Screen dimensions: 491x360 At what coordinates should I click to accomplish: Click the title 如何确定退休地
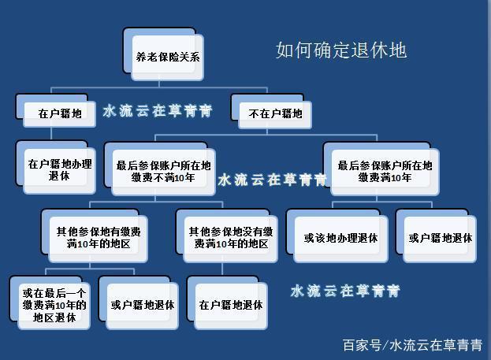click(x=341, y=50)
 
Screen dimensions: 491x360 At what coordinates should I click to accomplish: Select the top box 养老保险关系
click(x=163, y=54)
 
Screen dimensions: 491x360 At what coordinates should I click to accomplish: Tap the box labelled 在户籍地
click(x=56, y=110)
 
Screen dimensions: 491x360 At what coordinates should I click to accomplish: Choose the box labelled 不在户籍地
click(x=271, y=111)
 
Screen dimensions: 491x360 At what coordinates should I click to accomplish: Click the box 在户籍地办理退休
click(x=56, y=167)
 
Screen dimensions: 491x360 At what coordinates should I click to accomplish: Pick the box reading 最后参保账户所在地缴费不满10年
click(x=160, y=169)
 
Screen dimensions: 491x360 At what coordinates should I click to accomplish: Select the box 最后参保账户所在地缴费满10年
click(x=381, y=169)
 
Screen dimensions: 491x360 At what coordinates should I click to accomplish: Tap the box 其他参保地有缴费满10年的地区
click(x=95, y=236)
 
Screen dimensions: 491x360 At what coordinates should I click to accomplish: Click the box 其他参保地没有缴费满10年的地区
click(x=227, y=236)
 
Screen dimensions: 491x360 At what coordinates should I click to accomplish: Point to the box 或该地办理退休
click(x=337, y=236)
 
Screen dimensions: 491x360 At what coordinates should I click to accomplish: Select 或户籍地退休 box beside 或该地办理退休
click(x=436, y=236)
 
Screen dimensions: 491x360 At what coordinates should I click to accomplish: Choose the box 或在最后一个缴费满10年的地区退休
click(x=50, y=302)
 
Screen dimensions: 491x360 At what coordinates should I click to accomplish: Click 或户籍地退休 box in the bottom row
click(x=139, y=302)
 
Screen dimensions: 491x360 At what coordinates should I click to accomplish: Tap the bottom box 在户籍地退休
click(x=227, y=302)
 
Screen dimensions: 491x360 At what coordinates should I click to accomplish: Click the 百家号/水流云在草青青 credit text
click(x=412, y=345)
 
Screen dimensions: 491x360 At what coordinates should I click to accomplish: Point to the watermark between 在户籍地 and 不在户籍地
click(x=158, y=111)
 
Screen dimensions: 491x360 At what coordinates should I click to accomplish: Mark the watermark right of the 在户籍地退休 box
click(x=345, y=291)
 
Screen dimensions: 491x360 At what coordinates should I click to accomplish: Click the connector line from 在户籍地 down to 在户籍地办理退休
click(x=51, y=134)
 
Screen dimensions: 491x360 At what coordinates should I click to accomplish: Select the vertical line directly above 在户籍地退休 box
click(x=222, y=269)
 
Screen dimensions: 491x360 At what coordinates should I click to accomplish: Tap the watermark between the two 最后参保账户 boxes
click(x=273, y=180)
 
